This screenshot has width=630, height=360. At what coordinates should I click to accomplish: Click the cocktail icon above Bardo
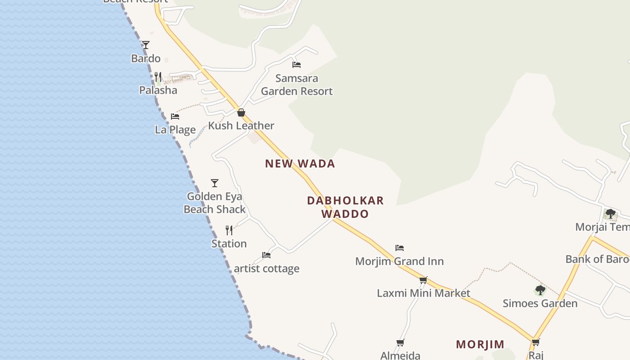145,45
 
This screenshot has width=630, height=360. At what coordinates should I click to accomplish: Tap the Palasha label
158,90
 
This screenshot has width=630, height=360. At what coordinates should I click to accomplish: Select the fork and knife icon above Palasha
158,77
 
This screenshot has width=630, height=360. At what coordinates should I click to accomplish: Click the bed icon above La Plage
175,117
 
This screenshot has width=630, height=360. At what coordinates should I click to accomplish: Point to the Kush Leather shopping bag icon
241,112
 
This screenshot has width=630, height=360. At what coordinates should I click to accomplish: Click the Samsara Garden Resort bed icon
297,65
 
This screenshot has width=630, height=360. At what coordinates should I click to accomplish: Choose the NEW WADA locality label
300,164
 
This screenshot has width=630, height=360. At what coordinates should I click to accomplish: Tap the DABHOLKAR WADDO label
345,207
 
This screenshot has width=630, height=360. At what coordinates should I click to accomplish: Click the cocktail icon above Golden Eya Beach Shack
215,183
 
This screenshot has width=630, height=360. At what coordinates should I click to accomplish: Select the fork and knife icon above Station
229,230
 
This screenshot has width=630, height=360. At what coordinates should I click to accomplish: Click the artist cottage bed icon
266,255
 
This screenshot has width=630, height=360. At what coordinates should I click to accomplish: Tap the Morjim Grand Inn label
400,261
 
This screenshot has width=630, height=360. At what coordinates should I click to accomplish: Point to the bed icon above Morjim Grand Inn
400,248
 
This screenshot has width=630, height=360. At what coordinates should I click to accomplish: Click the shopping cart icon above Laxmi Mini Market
423,280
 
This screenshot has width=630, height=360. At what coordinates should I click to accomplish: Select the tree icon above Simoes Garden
540,290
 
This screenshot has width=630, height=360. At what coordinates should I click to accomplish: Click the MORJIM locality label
480,345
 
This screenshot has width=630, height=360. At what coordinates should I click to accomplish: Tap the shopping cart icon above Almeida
400,342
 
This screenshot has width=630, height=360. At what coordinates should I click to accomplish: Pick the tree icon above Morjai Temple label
610,214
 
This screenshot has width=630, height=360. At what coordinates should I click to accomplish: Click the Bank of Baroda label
597,259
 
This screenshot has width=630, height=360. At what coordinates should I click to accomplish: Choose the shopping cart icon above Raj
535,342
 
